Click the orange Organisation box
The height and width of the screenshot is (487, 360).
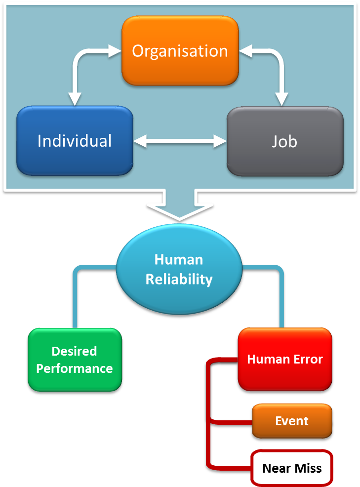point(180,51)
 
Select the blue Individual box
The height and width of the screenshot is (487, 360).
point(75,141)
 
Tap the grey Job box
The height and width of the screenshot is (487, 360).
point(284,141)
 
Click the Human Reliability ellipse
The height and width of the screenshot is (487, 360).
point(179,269)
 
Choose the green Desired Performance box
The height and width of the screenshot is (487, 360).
point(75,360)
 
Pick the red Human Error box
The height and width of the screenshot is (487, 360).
point(285,359)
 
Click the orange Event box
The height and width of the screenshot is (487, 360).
point(291,421)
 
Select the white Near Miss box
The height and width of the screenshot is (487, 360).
point(292,468)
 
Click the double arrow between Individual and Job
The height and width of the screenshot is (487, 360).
point(180,141)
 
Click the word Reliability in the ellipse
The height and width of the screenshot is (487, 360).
point(179,280)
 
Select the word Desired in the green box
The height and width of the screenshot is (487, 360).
point(74,351)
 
